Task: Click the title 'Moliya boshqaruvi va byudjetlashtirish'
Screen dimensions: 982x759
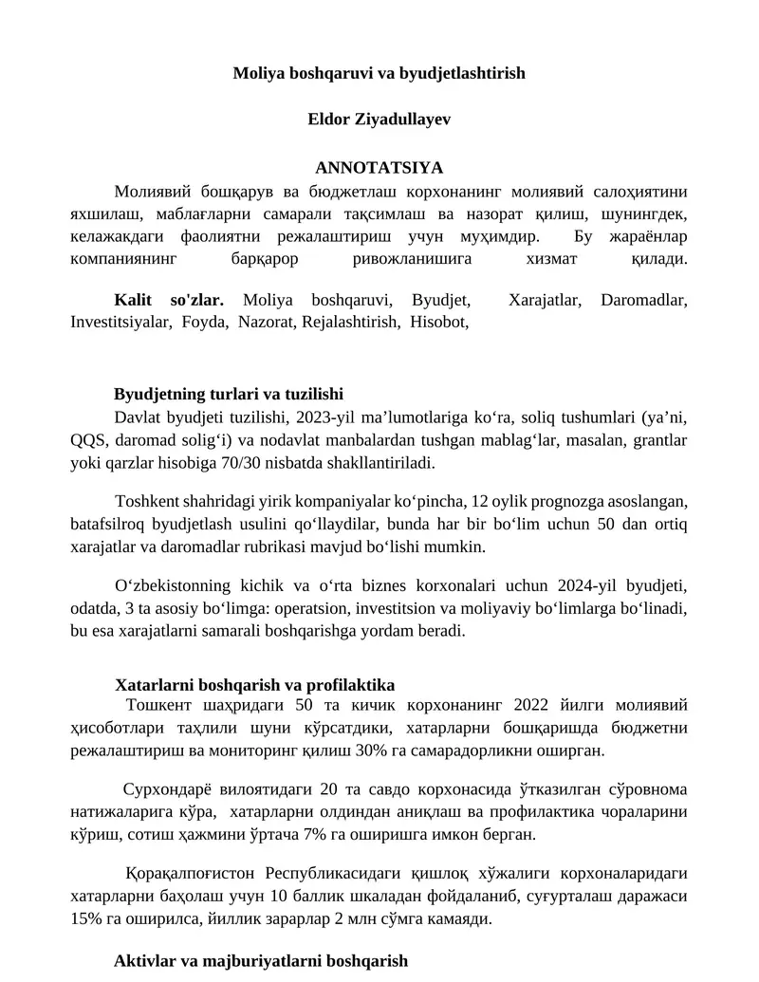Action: coord(379,73)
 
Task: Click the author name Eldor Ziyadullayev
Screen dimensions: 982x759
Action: coord(379,120)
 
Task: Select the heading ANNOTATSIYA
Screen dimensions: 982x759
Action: coord(379,167)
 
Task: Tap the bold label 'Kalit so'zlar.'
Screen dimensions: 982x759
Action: coord(168,301)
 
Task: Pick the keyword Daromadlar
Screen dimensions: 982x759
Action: coord(644,301)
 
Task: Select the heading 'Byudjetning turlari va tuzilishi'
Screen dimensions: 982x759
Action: coord(228,395)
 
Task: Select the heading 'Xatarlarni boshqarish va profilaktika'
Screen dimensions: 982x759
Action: coord(254,684)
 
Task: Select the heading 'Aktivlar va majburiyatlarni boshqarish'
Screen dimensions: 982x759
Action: coord(261,961)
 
